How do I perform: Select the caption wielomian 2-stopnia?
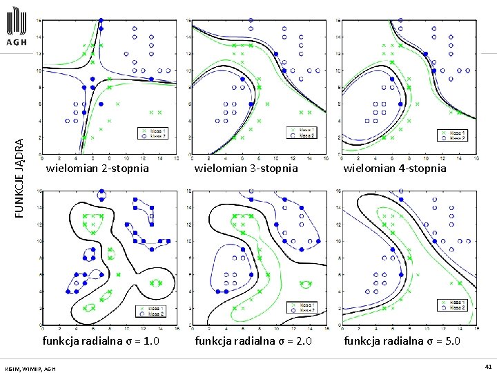(97, 168)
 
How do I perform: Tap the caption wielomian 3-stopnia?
(246, 168)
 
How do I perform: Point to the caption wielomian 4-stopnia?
(395, 168)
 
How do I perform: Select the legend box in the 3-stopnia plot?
(304, 133)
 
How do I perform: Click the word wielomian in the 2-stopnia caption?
(70, 168)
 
